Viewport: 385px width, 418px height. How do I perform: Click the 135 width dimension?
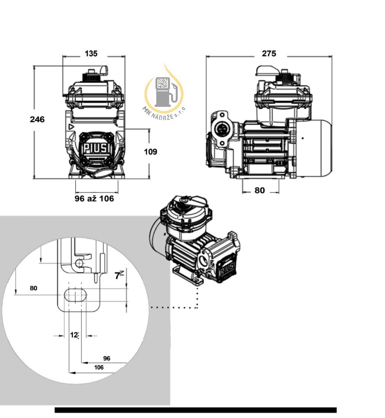pos(91,53)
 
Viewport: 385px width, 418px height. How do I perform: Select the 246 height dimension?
pos(37,119)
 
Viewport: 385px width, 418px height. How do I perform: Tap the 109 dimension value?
pos(150,152)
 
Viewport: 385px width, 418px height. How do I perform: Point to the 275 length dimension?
pos(269,53)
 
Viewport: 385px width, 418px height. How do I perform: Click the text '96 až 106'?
pos(94,198)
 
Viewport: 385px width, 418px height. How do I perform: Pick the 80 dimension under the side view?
pos(260,190)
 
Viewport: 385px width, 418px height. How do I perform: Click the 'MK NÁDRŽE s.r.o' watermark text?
pos(164,114)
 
